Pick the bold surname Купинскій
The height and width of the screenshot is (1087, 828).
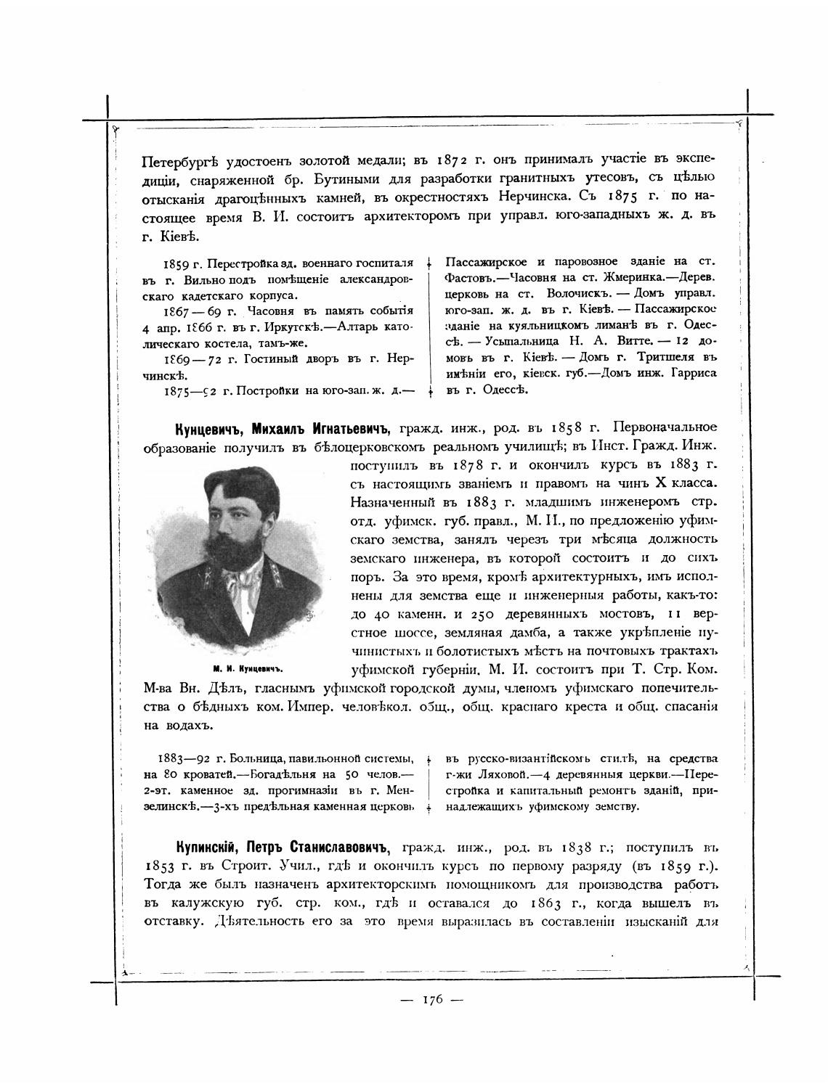pos(207,847)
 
